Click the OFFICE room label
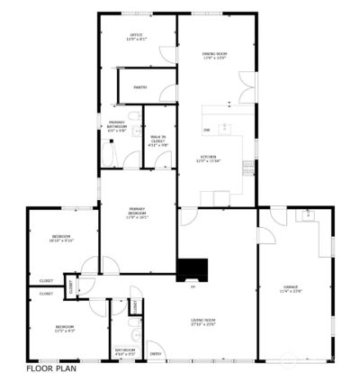(x=136, y=37)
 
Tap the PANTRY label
(x=139, y=86)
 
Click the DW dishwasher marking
(x=206, y=131)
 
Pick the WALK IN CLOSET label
(x=157, y=140)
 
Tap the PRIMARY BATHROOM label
(x=117, y=125)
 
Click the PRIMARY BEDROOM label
(x=137, y=214)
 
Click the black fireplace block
(x=193, y=269)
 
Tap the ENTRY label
(x=156, y=341)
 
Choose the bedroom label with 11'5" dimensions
(x=65, y=328)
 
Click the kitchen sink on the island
(x=225, y=126)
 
